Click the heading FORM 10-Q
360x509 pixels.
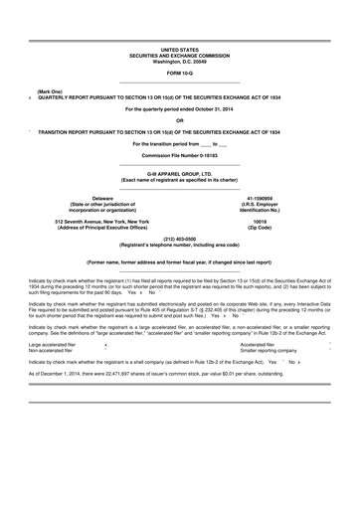(x=179, y=74)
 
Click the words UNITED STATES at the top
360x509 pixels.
(x=179, y=49)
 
